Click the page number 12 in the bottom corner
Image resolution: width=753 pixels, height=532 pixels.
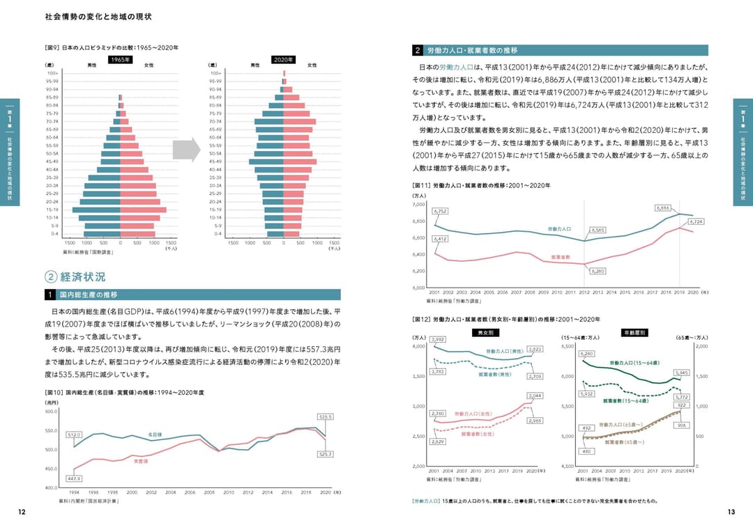coord(22,512)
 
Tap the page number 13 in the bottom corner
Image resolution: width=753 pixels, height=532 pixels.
coord(731,512)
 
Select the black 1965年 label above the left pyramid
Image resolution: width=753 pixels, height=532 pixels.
coord(120,60)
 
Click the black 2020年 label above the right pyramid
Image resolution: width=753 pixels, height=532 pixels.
coord(283,60)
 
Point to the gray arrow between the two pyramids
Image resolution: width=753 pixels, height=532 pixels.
coord(186,150)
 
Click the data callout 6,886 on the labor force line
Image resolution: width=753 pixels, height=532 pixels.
coord(663,208)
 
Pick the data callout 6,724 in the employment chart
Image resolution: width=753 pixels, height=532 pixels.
coord(696,221)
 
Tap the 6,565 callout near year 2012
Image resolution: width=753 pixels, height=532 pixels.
coord(598,229)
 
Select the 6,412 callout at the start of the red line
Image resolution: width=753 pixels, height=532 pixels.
coord(440,239)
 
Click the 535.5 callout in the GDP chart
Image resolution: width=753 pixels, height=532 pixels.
coord(325,416)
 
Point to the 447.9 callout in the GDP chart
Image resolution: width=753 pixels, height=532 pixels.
coord(74,478)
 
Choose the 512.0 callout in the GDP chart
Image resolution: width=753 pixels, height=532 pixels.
coord(74,435)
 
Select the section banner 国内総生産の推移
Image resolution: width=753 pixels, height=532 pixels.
coord(192,295)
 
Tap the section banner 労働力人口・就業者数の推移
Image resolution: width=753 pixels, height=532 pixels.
coord(561,50)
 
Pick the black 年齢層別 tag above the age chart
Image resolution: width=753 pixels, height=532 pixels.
coord(634,333)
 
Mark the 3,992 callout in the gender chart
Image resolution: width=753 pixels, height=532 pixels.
coord(438,339)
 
